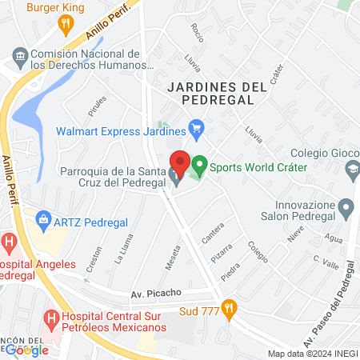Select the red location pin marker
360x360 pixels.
[x=180, y=164]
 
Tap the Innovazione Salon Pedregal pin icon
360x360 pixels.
[x=346, y=210]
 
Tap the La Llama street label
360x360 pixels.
[x=122, y=254]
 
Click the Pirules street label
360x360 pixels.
[x=98, y=106]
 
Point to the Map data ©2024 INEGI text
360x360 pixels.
[x=312, y=354]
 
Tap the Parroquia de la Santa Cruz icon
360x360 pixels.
[x=174, y=176]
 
